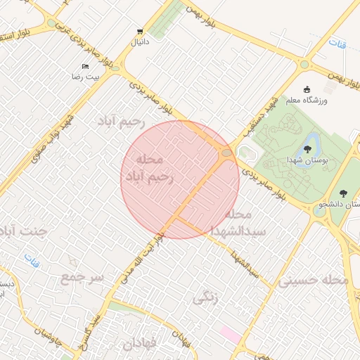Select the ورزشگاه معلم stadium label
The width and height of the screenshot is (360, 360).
[x=307, y=101]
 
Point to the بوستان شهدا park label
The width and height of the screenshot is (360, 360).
[x=307, y=160]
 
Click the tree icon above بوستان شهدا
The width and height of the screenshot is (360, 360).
[x=307, y=148]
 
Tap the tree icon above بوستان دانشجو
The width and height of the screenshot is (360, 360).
[x=343, y=193]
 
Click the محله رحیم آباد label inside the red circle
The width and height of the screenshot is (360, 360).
[x=149, y=169]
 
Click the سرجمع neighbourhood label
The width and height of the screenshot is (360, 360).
[x=82, y=277]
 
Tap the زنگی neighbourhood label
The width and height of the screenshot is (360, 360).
[x=205, y=297]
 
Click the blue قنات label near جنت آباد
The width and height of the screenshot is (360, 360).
[x=32, y=257]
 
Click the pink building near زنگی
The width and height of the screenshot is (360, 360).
[x=230, y=331]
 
